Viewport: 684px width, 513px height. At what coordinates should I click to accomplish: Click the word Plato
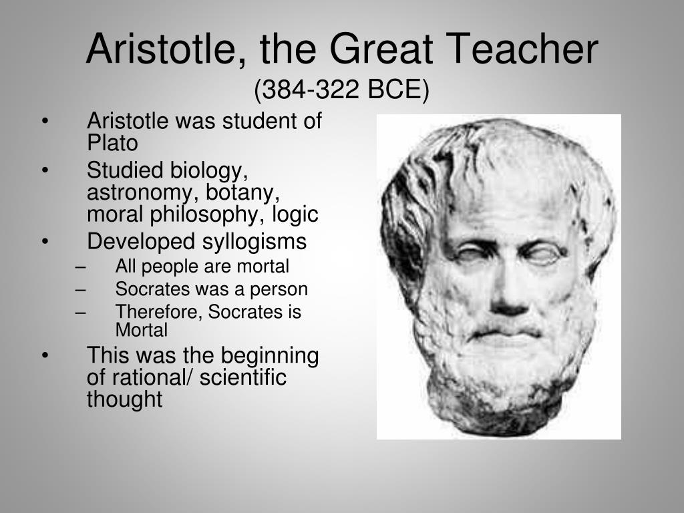pos(112,143)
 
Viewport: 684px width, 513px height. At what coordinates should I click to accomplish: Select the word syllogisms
pos(253,242)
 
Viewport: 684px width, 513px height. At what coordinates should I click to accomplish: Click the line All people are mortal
pos(202,267)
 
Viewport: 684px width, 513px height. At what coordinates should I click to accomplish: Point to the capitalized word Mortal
pos(141,330)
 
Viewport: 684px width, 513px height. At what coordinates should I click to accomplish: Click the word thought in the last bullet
pos(124,399)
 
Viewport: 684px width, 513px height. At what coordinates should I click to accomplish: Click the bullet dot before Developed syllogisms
pos(45,242)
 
